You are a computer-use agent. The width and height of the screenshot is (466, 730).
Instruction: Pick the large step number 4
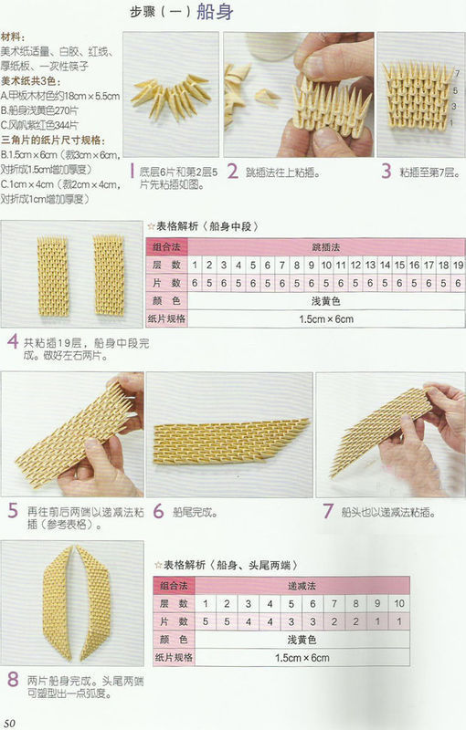(x=12, y=343)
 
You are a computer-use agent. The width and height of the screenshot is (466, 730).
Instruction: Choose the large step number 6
(x=158, y=511)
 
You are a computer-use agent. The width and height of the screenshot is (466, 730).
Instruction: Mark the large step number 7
(x=325, y=511)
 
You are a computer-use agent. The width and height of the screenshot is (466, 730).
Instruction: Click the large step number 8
(x=12, y=680)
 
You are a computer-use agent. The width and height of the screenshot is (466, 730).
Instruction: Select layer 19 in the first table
(x=456, y=265)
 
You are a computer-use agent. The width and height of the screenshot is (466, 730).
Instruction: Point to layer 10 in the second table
(x=399, y=603)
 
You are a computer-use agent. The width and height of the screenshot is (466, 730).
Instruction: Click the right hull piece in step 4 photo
(x=108, y=276)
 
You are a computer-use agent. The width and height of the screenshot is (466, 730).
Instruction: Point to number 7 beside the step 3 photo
(x=456, y=71)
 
